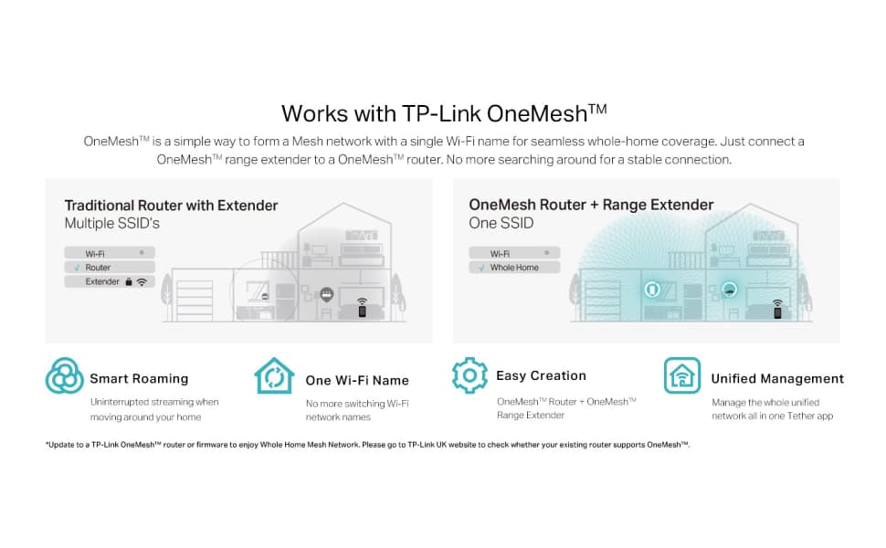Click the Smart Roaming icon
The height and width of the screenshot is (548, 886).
click(65, 376)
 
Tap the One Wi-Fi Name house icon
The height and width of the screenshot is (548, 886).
click(274, 376)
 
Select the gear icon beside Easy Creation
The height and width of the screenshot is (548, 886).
click(469, 375)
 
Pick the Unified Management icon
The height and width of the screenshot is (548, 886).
click(682, 376)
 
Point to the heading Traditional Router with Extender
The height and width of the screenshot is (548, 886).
click(171, 205)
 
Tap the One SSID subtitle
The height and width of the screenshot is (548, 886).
click(501, 223)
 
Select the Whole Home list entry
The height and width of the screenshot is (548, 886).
click(514, 268)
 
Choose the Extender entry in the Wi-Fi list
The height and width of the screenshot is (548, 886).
click(102, 282)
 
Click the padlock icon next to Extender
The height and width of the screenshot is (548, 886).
click(129, 282)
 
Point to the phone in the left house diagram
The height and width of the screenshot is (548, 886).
click(362, 311)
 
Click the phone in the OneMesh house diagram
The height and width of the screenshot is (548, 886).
click(777, 311)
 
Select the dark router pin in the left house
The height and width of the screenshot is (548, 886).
click(326, 295)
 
